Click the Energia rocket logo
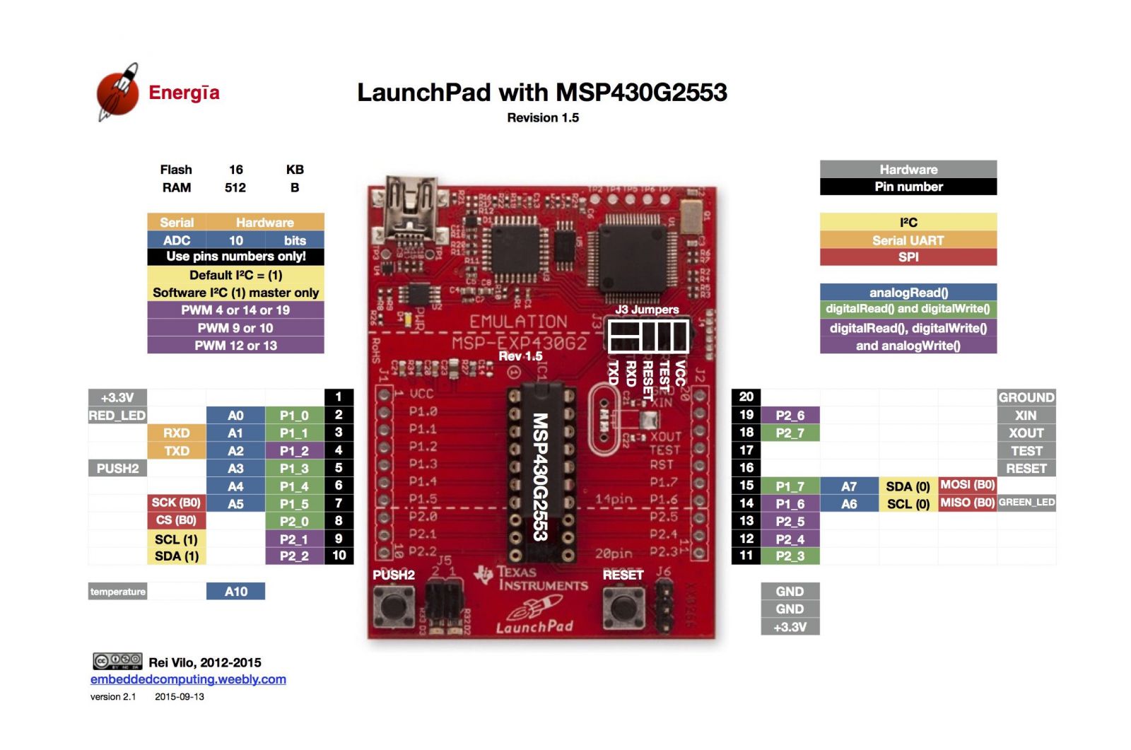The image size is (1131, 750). pos(118,92)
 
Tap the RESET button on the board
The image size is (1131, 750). pos(621,607)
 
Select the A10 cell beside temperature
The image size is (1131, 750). pos(235,592)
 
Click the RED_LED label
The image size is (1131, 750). pos(117,416)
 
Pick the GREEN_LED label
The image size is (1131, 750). pos(1026,503)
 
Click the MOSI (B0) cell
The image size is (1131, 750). pos(967,485)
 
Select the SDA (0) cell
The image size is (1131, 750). pos(908,486)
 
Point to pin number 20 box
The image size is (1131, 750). pos(746,397)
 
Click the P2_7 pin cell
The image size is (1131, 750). pos(790,433)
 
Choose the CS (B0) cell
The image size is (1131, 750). pos(176,520)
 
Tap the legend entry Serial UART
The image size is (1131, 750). pos(908,240)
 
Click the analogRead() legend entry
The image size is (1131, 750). pos(908,293)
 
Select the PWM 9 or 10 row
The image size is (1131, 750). pos(235,328)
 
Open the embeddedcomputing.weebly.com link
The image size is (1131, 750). pos(188,679)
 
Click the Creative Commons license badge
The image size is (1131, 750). pos(117,662)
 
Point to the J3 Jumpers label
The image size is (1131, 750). pos(646,310)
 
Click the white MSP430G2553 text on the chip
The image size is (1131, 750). pos(540,477)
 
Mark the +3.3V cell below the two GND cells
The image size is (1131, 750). pos(790,627)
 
